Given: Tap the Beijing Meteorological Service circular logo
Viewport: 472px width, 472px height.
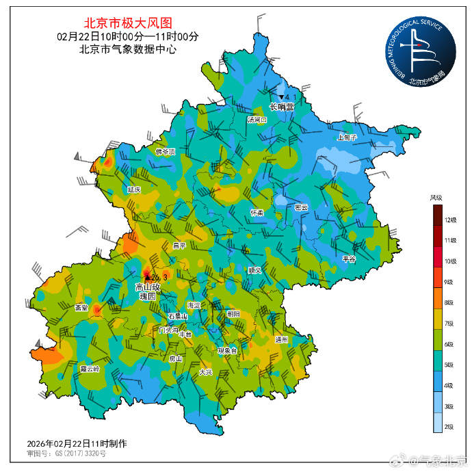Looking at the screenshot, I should tap(420, 52).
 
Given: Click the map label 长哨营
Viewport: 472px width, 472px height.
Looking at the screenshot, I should tap(282, 107).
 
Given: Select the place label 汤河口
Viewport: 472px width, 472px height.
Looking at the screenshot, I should tap(257, 119).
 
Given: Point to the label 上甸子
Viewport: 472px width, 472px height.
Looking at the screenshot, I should tap(347, 137).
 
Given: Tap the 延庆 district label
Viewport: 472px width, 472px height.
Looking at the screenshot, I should tap(134, 189).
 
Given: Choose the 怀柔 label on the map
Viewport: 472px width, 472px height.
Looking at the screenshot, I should tap(257, 212).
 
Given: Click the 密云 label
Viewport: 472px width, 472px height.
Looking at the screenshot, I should tap(301, 207).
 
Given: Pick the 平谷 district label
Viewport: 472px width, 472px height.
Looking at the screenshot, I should tap(349, 259).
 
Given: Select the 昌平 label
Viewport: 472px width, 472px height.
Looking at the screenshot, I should tap(179, 244).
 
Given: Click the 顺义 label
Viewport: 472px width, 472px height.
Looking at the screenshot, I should tap(254, 270).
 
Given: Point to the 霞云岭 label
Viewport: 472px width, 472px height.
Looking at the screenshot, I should tap(90, 368).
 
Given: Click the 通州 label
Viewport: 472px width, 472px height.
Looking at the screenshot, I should tap(281, 339).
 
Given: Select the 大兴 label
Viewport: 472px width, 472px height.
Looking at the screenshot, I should tap(206, 372).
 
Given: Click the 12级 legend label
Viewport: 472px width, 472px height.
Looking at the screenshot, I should tap(450, 220).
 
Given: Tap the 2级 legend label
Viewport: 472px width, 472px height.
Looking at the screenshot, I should tap(450, 426).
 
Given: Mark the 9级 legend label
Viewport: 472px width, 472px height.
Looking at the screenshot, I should tap(450, 282).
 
